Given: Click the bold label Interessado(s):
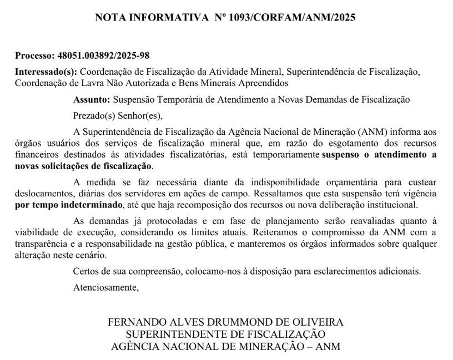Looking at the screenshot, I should point(46,73).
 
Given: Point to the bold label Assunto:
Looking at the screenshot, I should point(92,100).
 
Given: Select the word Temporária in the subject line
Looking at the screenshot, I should point(176,100).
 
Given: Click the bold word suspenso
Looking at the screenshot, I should point(340,155).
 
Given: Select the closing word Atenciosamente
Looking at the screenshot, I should point(105,287).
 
